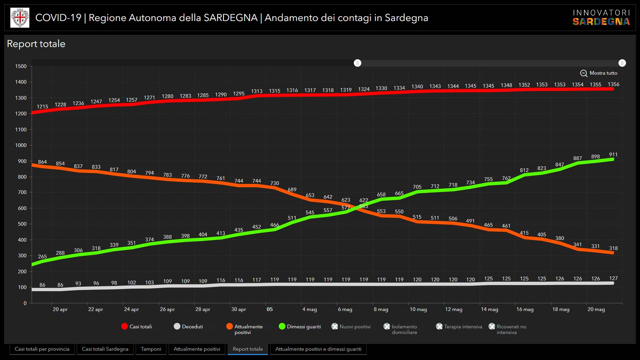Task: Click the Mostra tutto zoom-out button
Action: [599, 73]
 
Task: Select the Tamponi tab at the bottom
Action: [151, 349]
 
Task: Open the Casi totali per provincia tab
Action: [42, 349]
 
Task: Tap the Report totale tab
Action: [248, 349]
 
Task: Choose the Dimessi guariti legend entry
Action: [300, 327]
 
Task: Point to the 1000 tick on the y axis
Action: [21, 145]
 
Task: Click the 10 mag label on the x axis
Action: [418, 309]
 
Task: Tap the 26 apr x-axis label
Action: [167, 309]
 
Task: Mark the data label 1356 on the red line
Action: [613, 84]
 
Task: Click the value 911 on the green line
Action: [613, 155]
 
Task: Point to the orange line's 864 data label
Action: [42, 162]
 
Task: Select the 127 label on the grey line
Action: [613, 278]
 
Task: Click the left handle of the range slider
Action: [357, 63]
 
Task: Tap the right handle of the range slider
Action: [622, 63]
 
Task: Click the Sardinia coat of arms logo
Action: [20, 18]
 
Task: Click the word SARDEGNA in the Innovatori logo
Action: [601, 22]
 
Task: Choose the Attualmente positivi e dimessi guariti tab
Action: [318, 349]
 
